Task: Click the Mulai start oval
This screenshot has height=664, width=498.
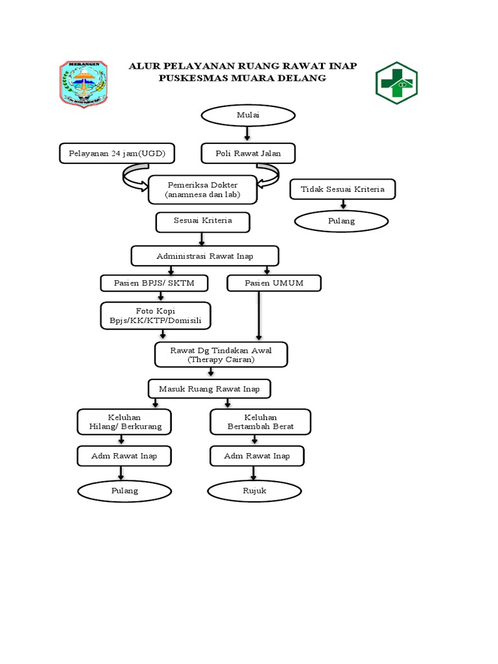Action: (x=248, y=115)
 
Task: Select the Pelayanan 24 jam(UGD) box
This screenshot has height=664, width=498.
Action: (x=117, y=154)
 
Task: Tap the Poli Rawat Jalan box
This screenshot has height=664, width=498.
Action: (x=248, y=154)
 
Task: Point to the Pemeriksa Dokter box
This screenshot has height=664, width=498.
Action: (x=202, y=189)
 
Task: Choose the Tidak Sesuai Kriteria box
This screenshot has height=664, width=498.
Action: (x=342, y=189)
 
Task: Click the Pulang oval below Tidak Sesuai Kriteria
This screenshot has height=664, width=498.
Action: (x=342, y=221)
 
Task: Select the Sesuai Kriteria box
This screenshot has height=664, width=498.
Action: (x=202, y=221)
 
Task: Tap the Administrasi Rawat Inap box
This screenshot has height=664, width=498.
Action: (x=205, y=255)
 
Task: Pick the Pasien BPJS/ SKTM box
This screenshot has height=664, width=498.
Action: (x=154, y=283)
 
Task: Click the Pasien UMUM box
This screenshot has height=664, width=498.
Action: (x=274, y=283)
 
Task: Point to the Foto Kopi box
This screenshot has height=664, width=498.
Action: (x=156, y=316)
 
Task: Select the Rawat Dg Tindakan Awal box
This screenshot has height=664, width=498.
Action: (x=220, y=355)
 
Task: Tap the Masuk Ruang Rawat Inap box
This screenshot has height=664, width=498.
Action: (x=209, y=388)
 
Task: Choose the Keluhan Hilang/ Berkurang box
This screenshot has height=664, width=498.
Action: (x=125, y=421)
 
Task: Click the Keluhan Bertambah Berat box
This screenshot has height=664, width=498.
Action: (x=261, y=421)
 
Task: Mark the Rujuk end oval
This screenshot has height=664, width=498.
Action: (x=254, y=491)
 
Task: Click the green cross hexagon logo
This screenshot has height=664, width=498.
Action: (x=397, y=83)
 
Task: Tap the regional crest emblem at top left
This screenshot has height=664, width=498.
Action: (x=84, y=84)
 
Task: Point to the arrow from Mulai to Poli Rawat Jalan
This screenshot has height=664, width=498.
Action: (x=247, y=134)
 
